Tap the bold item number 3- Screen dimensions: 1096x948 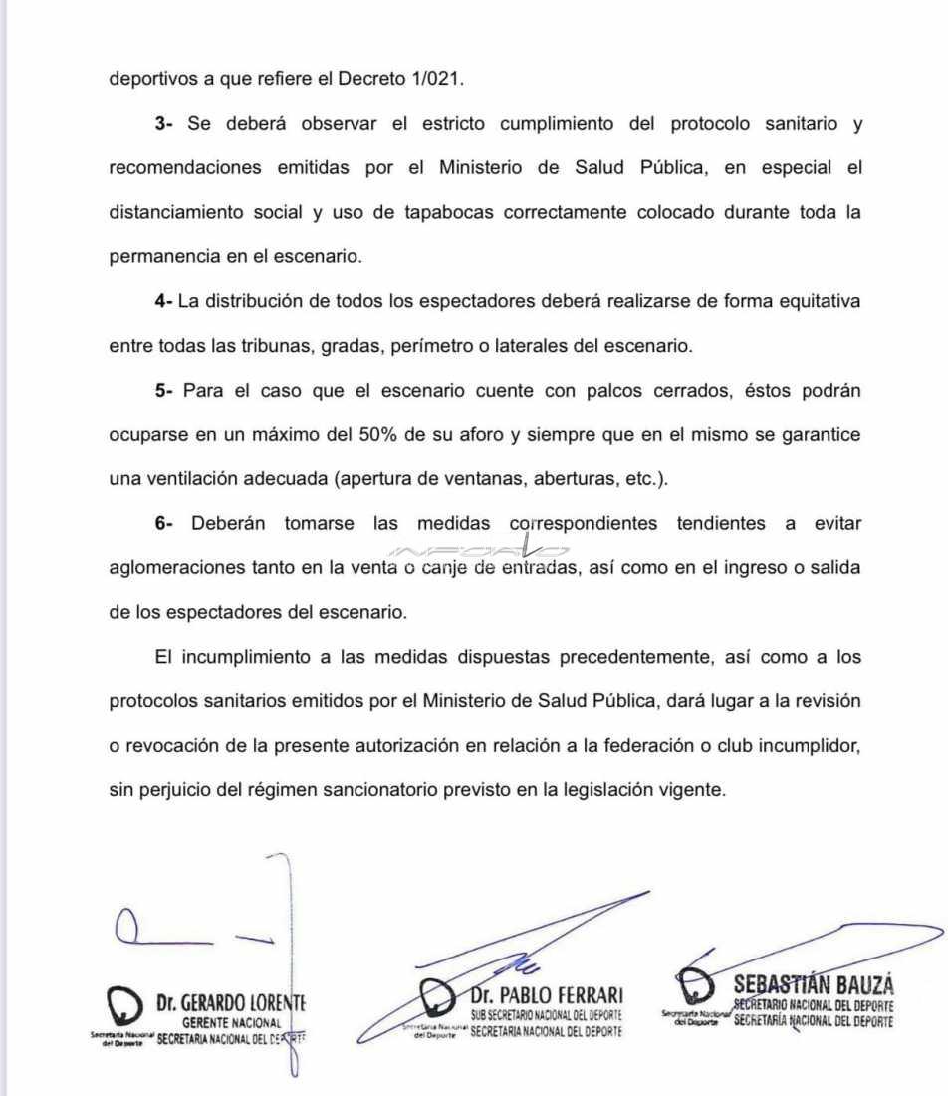click(164, 125)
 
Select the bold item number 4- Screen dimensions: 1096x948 click(164, 301)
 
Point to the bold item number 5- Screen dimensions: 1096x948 click(164, 391)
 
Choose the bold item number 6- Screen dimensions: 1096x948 click(164, 523)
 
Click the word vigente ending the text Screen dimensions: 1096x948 click(696, 790)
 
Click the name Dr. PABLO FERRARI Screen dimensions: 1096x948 click(549, 994)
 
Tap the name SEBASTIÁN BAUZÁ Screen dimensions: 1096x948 click(813, 985)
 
